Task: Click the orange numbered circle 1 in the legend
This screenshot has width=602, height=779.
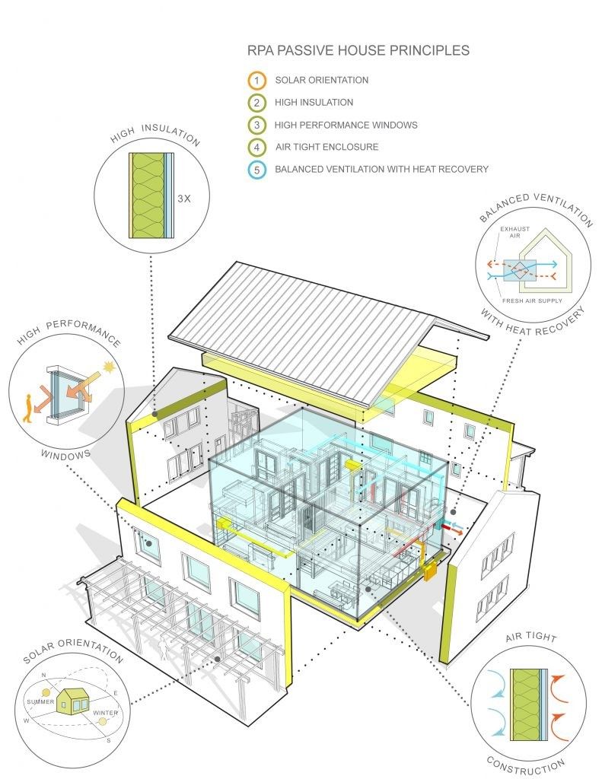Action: pos(256,80)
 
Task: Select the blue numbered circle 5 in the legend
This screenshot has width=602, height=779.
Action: pos(256,170)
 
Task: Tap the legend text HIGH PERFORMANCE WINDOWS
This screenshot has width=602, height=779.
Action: pos(346,125)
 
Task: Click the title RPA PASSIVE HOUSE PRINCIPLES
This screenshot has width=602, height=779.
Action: pos(358,50)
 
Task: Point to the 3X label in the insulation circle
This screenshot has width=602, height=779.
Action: pos(184,199)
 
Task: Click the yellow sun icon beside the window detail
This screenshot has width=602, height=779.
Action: pos(108,367)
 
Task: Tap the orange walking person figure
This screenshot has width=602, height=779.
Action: pos(28,408)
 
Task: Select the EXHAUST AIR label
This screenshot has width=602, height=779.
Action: pos(514,232)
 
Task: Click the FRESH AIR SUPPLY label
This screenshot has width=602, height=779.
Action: pos(532,300)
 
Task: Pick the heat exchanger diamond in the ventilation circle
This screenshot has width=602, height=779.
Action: pos(519,270)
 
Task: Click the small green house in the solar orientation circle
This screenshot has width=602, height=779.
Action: pos(72,701)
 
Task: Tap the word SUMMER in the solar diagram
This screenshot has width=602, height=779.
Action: pos(41,701)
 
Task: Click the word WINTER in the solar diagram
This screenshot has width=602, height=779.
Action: pos(105,712)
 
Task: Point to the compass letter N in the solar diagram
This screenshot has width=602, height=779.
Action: pos(43,675)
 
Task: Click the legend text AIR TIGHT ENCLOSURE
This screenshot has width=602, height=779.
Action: pos(326,147)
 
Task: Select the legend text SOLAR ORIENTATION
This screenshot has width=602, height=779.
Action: pos(322,80)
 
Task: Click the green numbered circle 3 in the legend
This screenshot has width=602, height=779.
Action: pos(256,125)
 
